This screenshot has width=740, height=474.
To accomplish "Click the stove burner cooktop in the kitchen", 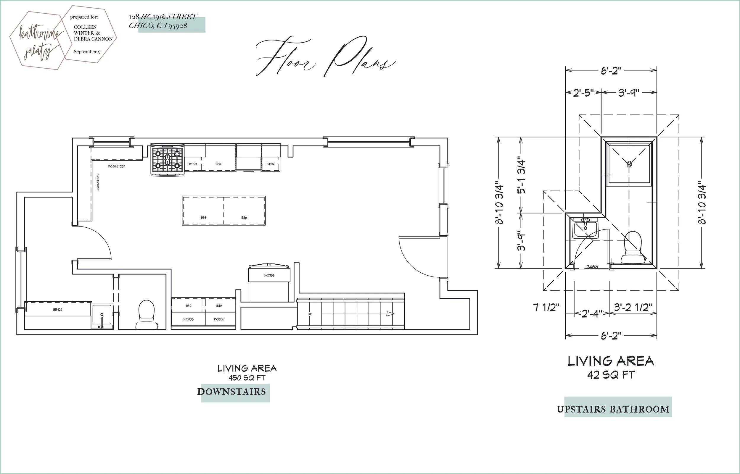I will (167, 159).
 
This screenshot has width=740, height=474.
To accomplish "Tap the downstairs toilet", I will (146, 314).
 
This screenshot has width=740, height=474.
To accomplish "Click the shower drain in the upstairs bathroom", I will (629, 164).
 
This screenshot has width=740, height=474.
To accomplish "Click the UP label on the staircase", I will (310, 314).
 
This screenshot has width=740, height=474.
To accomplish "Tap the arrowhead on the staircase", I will (390, 314).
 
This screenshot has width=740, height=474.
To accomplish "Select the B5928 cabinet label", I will (58, 310).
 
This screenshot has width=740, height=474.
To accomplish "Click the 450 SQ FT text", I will (247, 378).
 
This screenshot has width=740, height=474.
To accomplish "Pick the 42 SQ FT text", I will (611, 375).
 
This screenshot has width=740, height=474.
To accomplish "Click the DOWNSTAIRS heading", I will (232, 392).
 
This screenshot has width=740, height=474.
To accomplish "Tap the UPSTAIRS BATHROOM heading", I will (613, 409).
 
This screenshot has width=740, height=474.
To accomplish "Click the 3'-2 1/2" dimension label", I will (633, 307).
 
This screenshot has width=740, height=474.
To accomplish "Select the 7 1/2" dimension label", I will (546, 307).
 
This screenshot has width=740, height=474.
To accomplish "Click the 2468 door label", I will (592, 267).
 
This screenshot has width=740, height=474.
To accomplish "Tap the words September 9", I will (87, 52).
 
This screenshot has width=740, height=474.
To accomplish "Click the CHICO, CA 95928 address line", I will (158, 25).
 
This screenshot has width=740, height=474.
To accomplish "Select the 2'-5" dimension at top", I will (583, 93).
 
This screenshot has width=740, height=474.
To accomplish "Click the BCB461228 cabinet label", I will (116, 166).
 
